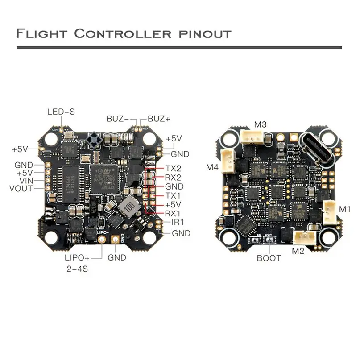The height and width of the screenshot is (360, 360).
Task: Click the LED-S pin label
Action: pos(61,112)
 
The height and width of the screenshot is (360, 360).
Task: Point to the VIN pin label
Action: pos(25,181)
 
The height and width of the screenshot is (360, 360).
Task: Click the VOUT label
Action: pos(21,188)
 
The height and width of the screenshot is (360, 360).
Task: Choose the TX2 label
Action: pos(173,169)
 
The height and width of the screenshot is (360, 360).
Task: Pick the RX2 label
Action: pos(173,178)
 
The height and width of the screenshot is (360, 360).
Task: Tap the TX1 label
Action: pos(173,195)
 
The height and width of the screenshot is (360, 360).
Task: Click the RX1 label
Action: pos(173,213)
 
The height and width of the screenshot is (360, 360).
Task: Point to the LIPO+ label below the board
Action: pos(77,257)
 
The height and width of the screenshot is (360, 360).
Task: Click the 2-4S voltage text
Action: pos(77,269)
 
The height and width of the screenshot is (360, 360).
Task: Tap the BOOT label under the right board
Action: pos(269,258)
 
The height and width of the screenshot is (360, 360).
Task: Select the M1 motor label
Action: pos(345,209)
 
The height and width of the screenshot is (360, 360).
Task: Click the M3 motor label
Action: pos(260,124)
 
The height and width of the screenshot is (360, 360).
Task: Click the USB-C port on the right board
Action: pos(316,149)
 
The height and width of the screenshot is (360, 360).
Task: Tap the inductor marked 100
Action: pos(126,207)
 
